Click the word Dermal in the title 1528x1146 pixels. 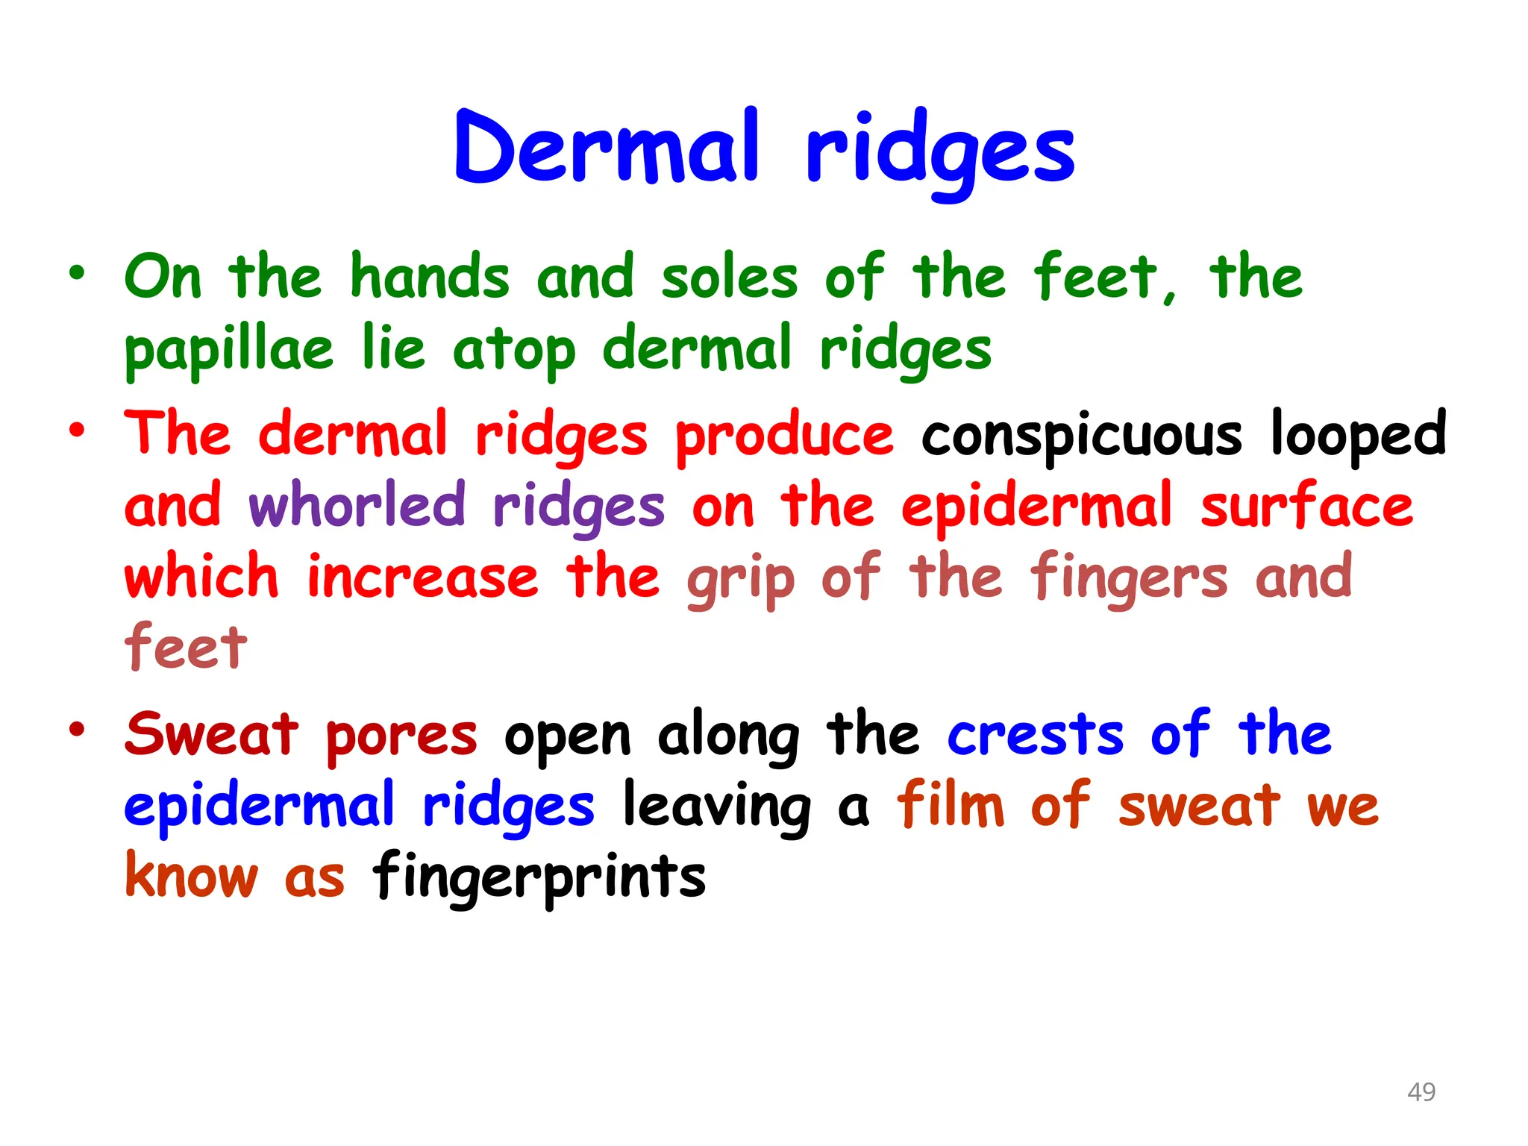point(606,148)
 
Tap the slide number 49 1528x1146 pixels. point(1421,1092)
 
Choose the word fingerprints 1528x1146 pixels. point(539,877)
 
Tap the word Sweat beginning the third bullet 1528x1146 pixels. point(212,735)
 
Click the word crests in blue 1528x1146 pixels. point(1035,735)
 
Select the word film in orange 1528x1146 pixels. point(951,806)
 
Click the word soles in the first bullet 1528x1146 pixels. point(729,278)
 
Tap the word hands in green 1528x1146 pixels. point(430,278)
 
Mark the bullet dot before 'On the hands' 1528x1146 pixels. point(77,273)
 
